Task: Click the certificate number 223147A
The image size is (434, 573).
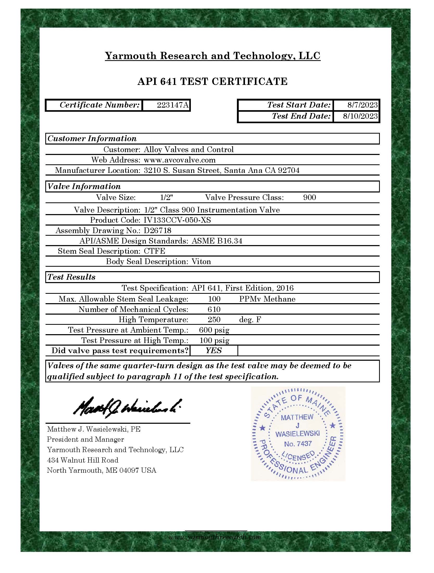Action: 173,105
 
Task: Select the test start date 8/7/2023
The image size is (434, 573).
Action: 362,105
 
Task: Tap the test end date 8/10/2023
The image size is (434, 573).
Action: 360,116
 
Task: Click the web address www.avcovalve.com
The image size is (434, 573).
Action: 180,160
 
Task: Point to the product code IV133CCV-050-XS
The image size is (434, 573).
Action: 177,220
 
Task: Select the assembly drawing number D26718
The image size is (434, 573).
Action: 158,231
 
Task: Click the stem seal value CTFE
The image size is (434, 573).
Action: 154,251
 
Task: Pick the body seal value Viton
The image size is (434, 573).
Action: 201,261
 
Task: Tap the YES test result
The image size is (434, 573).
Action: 214,351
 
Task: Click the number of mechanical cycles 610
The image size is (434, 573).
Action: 214,309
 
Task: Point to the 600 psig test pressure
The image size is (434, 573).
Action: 214,330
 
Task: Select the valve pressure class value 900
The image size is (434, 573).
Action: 310,197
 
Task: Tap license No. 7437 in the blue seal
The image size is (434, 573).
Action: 298,444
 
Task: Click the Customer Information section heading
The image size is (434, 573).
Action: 92,139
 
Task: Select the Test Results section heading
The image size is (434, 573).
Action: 72,277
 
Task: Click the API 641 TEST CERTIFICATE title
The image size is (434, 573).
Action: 212,82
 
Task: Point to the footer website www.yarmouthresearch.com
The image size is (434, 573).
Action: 215,537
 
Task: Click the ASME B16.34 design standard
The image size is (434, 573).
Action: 217,241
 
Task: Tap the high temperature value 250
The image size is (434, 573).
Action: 214,320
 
